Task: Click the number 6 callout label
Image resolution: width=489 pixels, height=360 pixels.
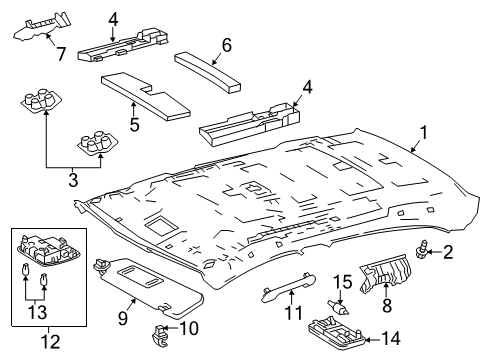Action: coord(225,44)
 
